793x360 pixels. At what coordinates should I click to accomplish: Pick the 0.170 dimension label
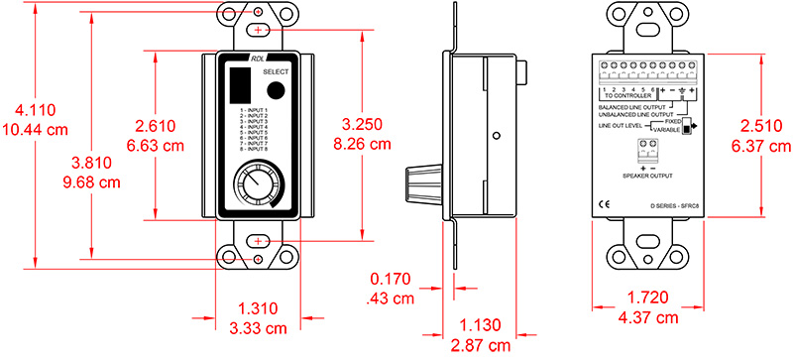(x=391, y=282)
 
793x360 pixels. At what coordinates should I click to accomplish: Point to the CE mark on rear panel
(x=605, y=205)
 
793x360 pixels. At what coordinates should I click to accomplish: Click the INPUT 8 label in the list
(x=255, y=149)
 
